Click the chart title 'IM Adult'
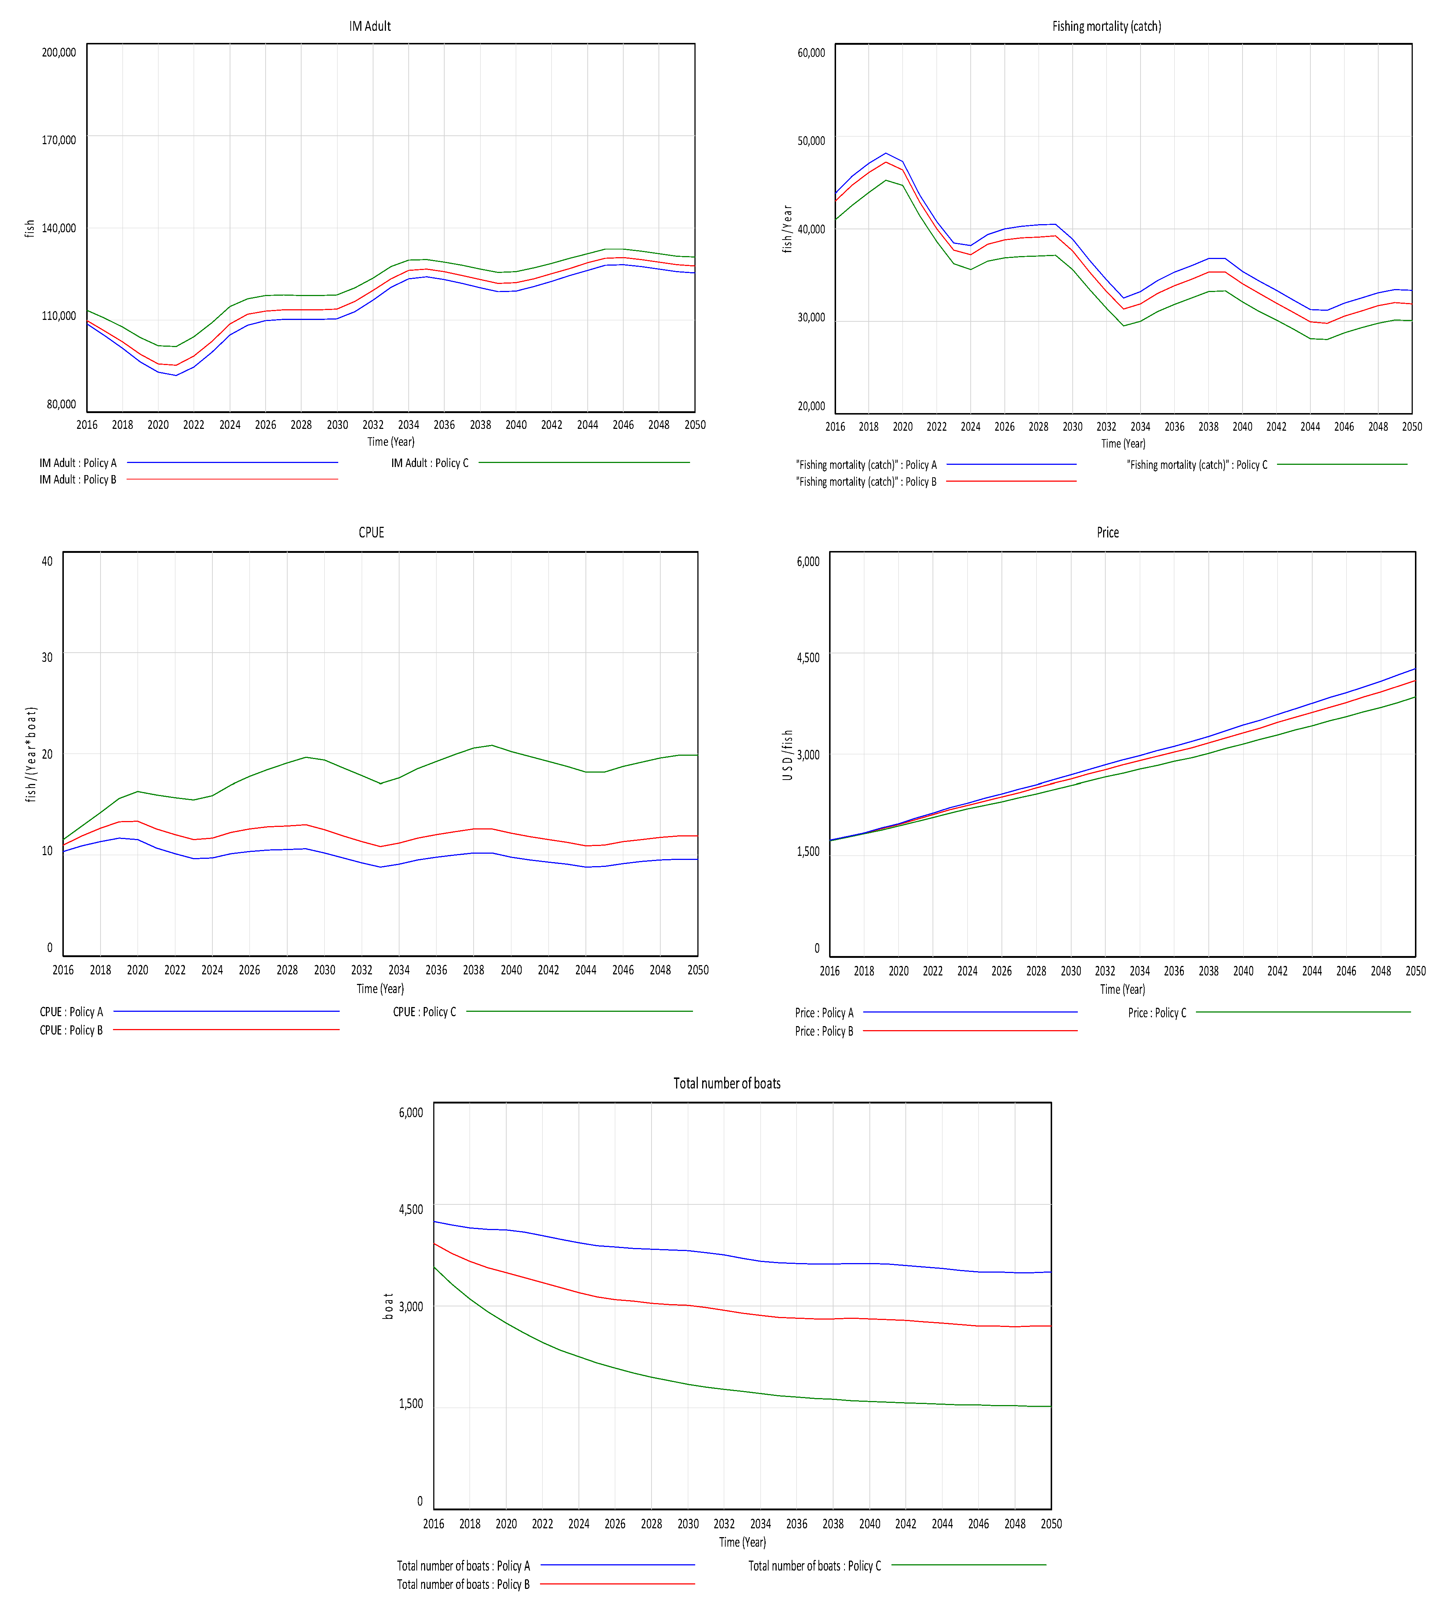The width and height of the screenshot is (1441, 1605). pyautogui.click(x=370, y=26)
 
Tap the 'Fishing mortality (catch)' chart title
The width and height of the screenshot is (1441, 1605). pyautogui.click(x=1106, y=26)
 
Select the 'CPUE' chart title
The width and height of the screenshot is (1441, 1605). pyautogui.click(x=371, y=532)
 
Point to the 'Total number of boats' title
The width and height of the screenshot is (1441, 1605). pyautogui.click(x=727, y=1083)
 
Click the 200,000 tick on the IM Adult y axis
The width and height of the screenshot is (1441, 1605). pyautogui.click(x=59, y=52)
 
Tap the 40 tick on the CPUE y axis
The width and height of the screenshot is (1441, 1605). pyautogui.click(x=47, y=561)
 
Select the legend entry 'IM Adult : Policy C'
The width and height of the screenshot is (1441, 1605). pyautogui.click(x=430, y=463)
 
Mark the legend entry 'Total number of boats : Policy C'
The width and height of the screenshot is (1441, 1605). pyautogui.click(x=815, y=1565)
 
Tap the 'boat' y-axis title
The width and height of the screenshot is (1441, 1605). pyautogui.click(x=388, y=1306)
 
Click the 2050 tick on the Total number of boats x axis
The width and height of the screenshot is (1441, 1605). pyautogui.click(x=1051, y=1524)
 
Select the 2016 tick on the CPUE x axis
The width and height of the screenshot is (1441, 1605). pyautogui.click(x=63, y=970)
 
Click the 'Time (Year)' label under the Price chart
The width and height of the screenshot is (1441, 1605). pyautogui.click(x=1122, y=989)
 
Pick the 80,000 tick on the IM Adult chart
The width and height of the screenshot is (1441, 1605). pyautogui.click(x=61, y=404)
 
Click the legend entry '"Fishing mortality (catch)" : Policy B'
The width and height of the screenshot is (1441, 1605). pyautogui.click(x=866, y=481)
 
